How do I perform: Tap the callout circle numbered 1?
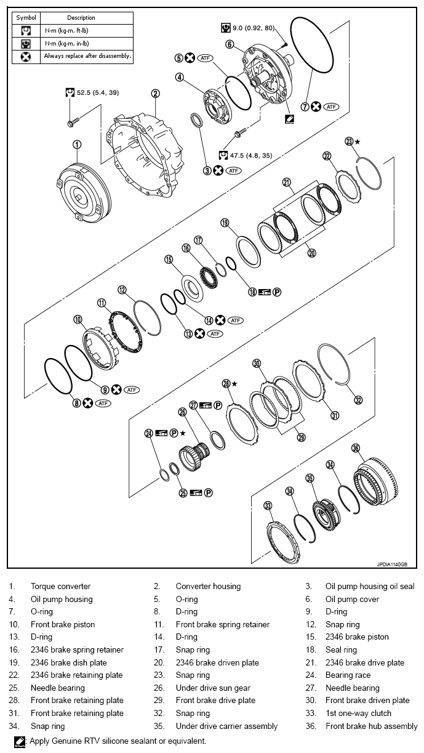(x=77, y=144)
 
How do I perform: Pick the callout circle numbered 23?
(x=349, y=141)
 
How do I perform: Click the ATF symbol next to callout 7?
(x=332, y=107)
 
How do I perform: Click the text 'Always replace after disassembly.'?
(x=87, y=56)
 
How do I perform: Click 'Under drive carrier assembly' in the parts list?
(x=226, y=726)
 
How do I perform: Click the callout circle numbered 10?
(x=78, y=320)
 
